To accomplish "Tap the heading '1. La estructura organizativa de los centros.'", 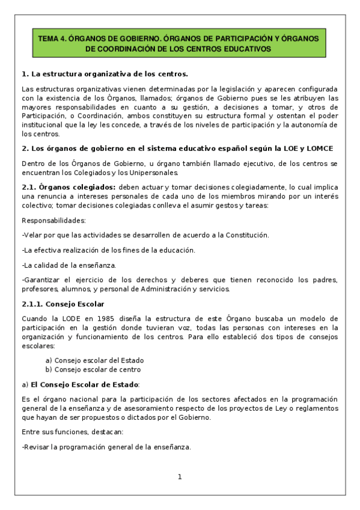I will point(105,74).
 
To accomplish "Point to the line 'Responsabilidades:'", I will point(53,220).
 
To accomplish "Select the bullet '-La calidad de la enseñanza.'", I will point(69,265).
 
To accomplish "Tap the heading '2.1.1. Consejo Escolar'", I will point(63,304).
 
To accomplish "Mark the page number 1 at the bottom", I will point(179,477).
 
